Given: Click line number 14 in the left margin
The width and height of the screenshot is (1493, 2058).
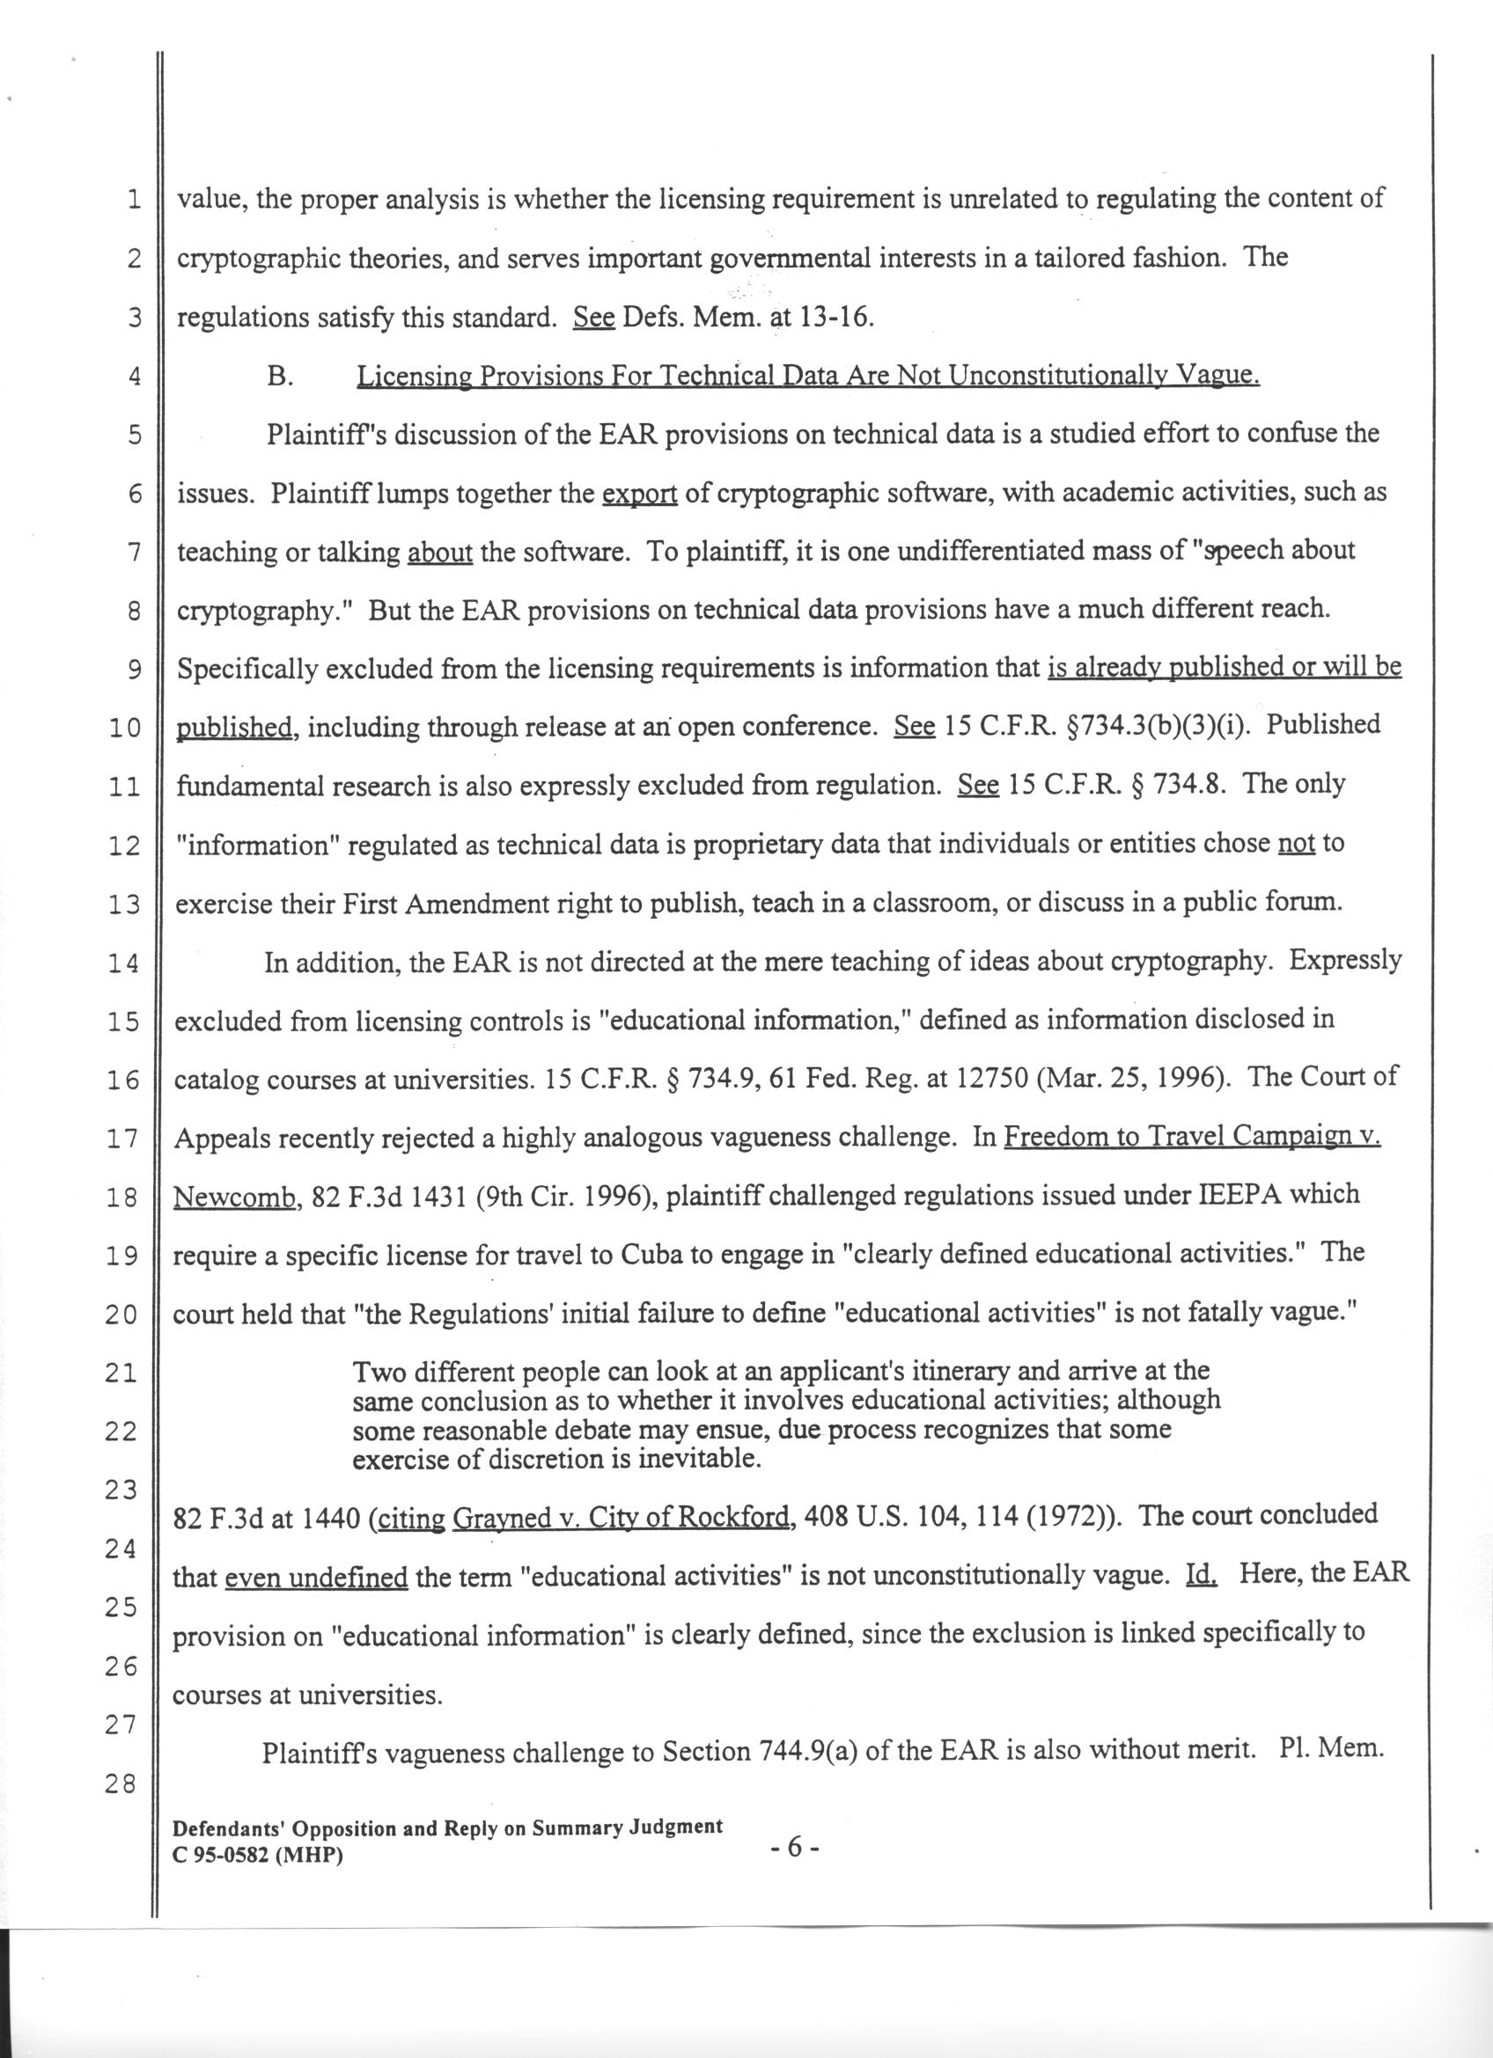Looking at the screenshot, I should [x=121, y=964].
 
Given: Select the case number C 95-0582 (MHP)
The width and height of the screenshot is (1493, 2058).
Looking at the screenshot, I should [x=258, y=1857].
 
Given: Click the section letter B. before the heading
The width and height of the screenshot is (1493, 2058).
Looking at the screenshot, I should [x=280, y=377].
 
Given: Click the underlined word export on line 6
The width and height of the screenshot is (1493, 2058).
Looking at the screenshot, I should [x=640, y=494].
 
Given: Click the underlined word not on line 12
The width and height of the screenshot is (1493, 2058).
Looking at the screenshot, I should [x=1296, y=844].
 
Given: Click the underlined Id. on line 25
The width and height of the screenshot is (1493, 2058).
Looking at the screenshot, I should [x=1201, y=1574].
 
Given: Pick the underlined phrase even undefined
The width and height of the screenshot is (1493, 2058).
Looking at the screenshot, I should [x=316, y=1578].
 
